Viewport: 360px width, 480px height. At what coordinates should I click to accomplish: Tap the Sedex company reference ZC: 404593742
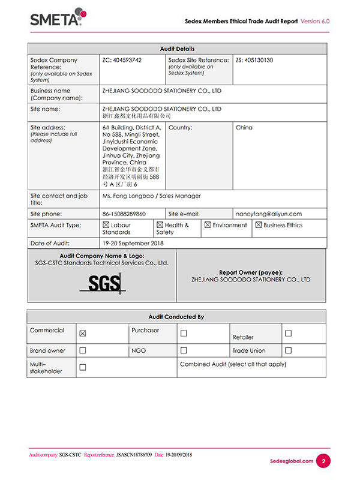(x=122, y=60)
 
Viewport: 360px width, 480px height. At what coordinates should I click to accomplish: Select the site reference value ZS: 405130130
(x=254, y=60)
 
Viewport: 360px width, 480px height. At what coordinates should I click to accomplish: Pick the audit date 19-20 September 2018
(x=133, y=244)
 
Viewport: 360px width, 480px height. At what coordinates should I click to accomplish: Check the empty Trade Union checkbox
(x=288, y=350)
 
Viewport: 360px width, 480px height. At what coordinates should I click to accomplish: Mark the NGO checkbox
(x=184, y=350)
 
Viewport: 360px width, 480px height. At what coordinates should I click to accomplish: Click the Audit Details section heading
(x=177, y=49)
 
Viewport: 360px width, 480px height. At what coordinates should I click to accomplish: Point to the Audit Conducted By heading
(x=176, y=317)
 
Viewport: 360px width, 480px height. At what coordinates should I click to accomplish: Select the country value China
(x=244, y=127)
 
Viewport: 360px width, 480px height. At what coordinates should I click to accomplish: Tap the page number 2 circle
(x=323, y=461)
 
